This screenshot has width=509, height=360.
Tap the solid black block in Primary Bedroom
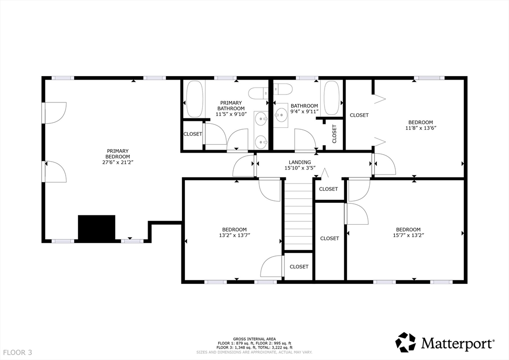[x=97, y=228]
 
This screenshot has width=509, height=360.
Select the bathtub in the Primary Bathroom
[x=194, y=98]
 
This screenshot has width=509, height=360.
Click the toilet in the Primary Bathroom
[x=258, y=93]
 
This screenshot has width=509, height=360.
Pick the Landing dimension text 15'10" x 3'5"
[x=300, y=168]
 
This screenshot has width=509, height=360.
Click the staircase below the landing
[x=299, y=216]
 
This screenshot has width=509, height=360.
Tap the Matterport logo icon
[x=406, y=342]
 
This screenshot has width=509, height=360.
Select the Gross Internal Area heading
[x=254, y=339]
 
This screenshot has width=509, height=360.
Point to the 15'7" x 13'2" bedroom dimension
[x=409, y=235]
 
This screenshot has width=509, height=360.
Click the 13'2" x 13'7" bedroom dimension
[x=235, y=235]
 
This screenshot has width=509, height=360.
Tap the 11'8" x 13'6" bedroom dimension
[x=421, y=128]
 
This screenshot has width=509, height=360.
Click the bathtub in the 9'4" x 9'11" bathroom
[x=332, y=98]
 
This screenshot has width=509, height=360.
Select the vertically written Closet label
[x=334, y=134]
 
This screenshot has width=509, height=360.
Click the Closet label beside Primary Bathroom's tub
[x=193, y=134]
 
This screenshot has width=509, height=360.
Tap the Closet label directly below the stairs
[x=299, y=267]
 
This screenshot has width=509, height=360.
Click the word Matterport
[x=458, y=343]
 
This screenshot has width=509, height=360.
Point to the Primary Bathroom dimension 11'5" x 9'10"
[x=231, y=114]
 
